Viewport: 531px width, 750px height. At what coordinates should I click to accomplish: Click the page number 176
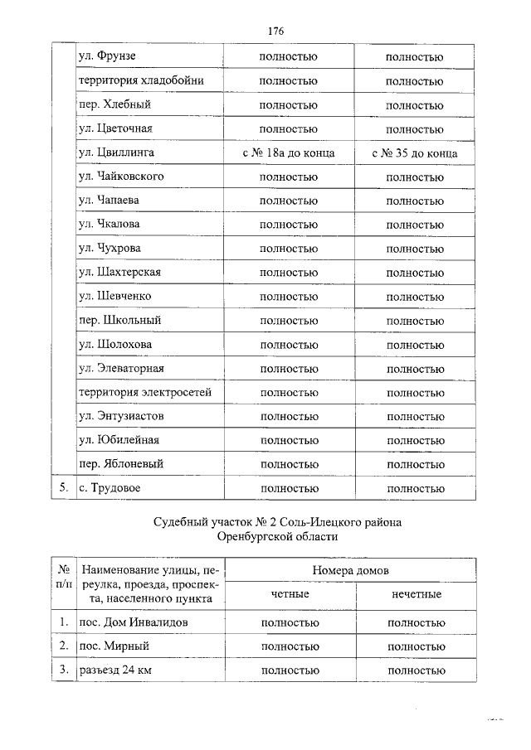[x=275, y=31]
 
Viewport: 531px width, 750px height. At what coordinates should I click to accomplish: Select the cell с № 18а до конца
[x=289, y=153]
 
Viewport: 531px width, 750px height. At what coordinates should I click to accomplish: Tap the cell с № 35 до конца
[x=415, y=153]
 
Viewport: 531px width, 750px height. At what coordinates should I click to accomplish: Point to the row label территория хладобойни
[x=140, y=81]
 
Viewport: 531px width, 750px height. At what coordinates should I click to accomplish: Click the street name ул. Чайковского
[x=120, y=177]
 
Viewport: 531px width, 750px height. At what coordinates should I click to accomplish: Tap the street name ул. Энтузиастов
[x=120, y=416]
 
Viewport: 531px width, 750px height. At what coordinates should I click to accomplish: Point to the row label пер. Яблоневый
[x=120, y=464]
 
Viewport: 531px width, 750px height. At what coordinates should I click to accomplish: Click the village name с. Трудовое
[x=110, y=488]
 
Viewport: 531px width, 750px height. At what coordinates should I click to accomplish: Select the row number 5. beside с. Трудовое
[x=61, y=488]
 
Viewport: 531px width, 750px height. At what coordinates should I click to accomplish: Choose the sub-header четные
[x=290, y=595]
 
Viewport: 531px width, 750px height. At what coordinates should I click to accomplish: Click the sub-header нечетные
[x=416, y=595]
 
